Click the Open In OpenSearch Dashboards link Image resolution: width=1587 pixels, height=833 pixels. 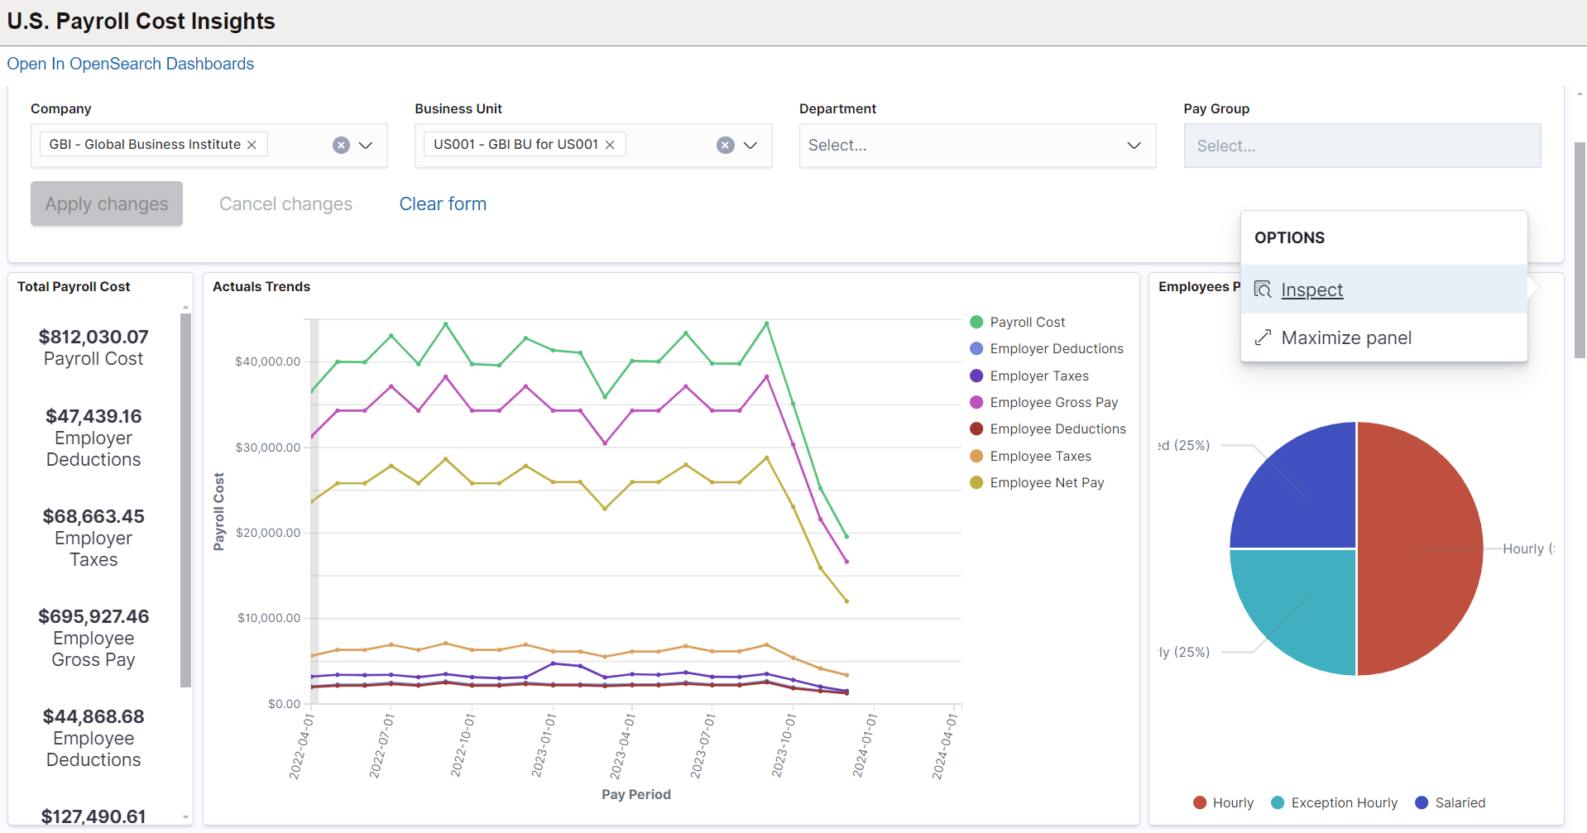coord(131,64)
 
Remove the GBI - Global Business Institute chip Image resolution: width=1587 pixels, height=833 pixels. coord(252,145)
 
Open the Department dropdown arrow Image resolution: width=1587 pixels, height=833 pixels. coord(1134,146)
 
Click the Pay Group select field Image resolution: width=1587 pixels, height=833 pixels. coord(1361,146)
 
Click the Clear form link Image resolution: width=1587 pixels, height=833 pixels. coord(443,203)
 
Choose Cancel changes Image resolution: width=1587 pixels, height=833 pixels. coord(285,203)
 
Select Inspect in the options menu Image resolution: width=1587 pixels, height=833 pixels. coord(1311,290)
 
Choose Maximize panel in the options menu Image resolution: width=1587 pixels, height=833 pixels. coord(1345,338)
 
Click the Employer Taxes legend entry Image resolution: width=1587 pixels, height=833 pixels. coord(1038,376)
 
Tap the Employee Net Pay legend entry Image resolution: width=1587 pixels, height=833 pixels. coord(1046,482)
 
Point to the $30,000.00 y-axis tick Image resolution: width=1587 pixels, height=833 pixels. coord(267,448)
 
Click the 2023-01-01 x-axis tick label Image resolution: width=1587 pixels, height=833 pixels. coord(544,744)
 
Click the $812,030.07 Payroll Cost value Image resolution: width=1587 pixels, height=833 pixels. coord(93,337)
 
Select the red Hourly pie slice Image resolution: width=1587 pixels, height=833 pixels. coord(1419,548)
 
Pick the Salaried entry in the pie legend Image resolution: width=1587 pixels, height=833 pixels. coord(1459,802)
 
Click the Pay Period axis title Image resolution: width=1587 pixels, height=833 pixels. coord(635,794)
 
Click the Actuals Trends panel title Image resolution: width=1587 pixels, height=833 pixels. coord(261,286)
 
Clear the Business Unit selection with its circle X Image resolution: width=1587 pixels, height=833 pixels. coord(726,146)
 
